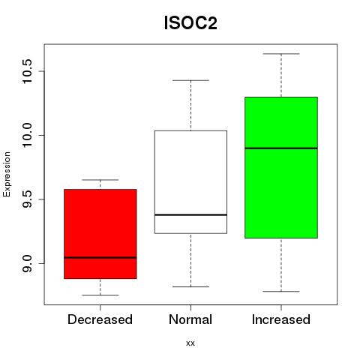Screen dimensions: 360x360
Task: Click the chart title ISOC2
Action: pyautogui.click(x=190, y=23)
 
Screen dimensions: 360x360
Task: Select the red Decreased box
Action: pyautogui.click(x=100, y=234)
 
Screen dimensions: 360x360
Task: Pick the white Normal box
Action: pyautogui.click(x=190, y=182)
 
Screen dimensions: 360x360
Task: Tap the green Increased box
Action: pyautogui.click(x=281, y=167)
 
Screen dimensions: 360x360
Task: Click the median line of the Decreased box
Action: pyautogui.click(x=100, y=257)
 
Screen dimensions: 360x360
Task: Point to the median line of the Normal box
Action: pyautogui.click(x=190, y=214)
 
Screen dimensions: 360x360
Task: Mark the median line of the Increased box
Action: pyautogui.click(x=281, y=148)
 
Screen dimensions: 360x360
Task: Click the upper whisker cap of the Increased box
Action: pyautogui.click(x=281, y=54)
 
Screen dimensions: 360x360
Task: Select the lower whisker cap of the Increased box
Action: pyautogui.click(x=281, y=292)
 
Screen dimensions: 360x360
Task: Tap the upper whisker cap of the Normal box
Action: pyautogui.click(x=190, y=80)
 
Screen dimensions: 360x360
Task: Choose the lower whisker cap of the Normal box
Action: pyautogui.click(x=190, y=286)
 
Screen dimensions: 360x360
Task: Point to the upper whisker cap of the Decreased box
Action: pyautogui.click(x=100, y=180)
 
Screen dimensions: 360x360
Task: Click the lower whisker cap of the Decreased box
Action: pyautogui.click(x=100, y=295)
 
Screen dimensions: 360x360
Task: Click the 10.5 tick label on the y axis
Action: pyautogui.click(x=27, y=71)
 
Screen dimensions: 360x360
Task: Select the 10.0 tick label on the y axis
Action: pyautogui.click(x=27, y=135)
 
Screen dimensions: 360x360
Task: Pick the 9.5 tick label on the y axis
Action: pyautogui.click(x=27, y=199)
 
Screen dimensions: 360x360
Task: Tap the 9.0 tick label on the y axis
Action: pyautogui.click(x=27, y=263)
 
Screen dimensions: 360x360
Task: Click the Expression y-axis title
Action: pyautogui.click(x=7, y=174)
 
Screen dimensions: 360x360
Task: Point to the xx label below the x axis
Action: pyautogui.click(x=190, y=343)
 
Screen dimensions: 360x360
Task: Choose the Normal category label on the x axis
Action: pyautogui.click(x=190, y=319)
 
